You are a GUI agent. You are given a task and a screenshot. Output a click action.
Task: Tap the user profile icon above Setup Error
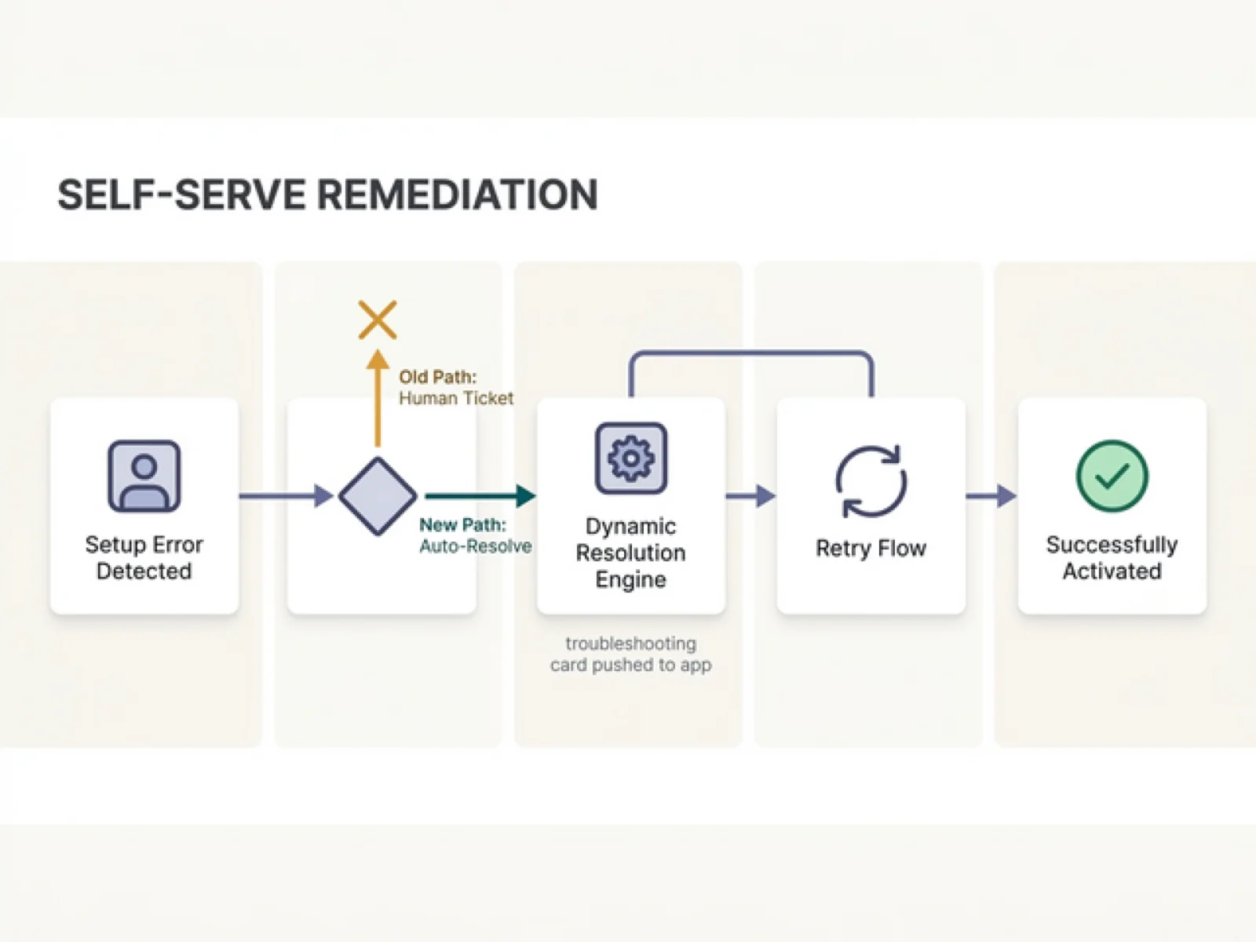pos(144,476)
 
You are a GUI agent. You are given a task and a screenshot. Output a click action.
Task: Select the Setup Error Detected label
pos(144,557)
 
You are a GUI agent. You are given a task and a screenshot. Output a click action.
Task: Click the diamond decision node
pos(378,496)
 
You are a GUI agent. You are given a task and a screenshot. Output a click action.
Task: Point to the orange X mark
pos(378,319)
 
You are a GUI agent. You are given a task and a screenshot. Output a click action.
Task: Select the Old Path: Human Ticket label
pos(455,388)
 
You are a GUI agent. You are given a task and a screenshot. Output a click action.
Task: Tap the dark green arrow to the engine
pos(479,496)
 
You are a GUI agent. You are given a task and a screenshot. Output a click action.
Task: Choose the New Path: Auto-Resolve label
pos(474,535)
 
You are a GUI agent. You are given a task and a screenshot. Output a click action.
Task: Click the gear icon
pos(630,458)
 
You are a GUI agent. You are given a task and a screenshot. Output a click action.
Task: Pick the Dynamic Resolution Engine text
pos(630,553)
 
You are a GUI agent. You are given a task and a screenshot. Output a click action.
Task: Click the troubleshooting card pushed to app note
pos(630,654)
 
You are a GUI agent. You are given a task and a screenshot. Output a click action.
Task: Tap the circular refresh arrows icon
pos(871,481)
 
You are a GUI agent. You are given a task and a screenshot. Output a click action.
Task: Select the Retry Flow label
pos(871,548)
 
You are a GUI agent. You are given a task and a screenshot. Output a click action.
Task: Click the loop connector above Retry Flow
pos(750,353)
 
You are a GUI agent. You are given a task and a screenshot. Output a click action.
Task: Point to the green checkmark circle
pos(1112,476)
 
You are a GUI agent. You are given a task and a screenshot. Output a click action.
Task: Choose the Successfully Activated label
pos(1112,557)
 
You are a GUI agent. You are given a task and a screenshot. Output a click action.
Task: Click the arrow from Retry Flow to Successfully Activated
pos(991,496)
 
